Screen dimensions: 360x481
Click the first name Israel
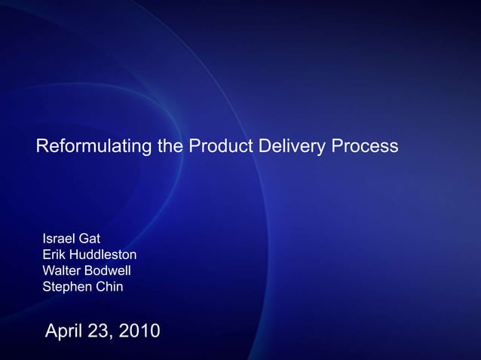click(x=58, y=240)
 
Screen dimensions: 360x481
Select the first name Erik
click(x=54, y=255)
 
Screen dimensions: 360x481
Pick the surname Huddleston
click(x=103, y=255)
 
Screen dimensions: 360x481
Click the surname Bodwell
click(x=111, y=271)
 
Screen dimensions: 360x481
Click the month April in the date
click(x=65, y=331)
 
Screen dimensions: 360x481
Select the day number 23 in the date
click(x=99, y=331)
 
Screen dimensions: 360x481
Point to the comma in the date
click(x=111, y=337)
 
